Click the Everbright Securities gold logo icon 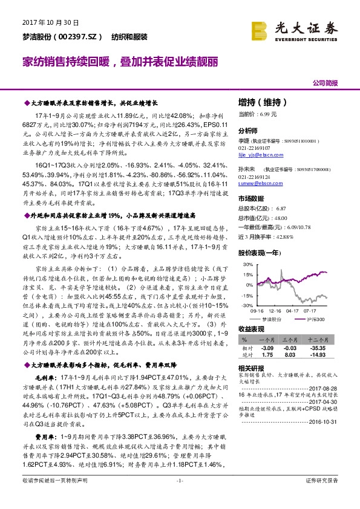click(x=260, y=30)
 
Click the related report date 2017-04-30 click(x=325, y=401)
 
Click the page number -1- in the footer click(x=179, y=497)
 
